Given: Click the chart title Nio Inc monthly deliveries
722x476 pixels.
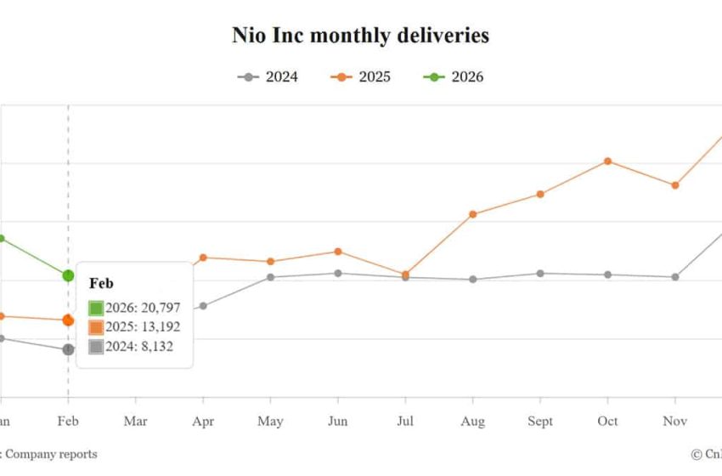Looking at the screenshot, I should pos(360,36).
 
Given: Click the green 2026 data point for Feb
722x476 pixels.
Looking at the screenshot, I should pos(68,275).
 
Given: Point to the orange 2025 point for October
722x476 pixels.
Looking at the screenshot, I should pos(607,161).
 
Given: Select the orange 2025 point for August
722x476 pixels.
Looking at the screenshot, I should pos(473,214).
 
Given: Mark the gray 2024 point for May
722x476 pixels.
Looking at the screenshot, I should pos(270,277).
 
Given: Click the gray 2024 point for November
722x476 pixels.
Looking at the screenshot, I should pos(675,277).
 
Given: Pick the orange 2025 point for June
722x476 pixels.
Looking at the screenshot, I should pos(338,252).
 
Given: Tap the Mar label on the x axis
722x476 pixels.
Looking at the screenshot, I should pos(135,422).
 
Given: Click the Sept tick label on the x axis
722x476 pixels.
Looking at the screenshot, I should pos(540,422).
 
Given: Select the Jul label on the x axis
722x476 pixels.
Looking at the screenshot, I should pos(405,422).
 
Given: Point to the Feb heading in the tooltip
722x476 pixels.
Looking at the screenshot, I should pos(101,284).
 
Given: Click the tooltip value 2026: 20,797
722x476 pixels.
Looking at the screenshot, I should pos(144,308).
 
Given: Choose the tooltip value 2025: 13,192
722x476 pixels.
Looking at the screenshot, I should pos(144,327).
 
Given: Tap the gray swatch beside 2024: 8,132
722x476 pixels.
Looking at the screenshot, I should pos(96,347).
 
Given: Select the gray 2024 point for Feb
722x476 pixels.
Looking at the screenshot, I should pos(68,349).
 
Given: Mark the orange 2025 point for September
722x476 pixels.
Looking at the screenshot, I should pos(540,194).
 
